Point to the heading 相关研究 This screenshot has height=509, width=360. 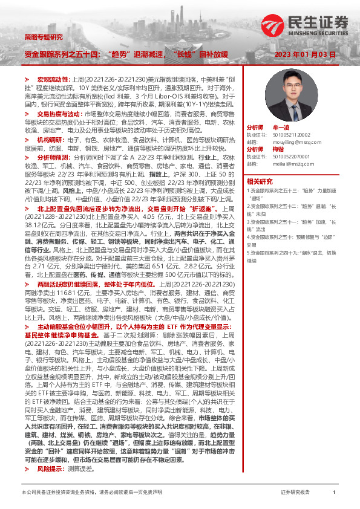[x=260, y=180]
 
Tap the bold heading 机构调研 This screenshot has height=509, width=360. [x=50, y=139]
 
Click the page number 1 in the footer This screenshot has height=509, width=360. [x=334, y=493]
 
